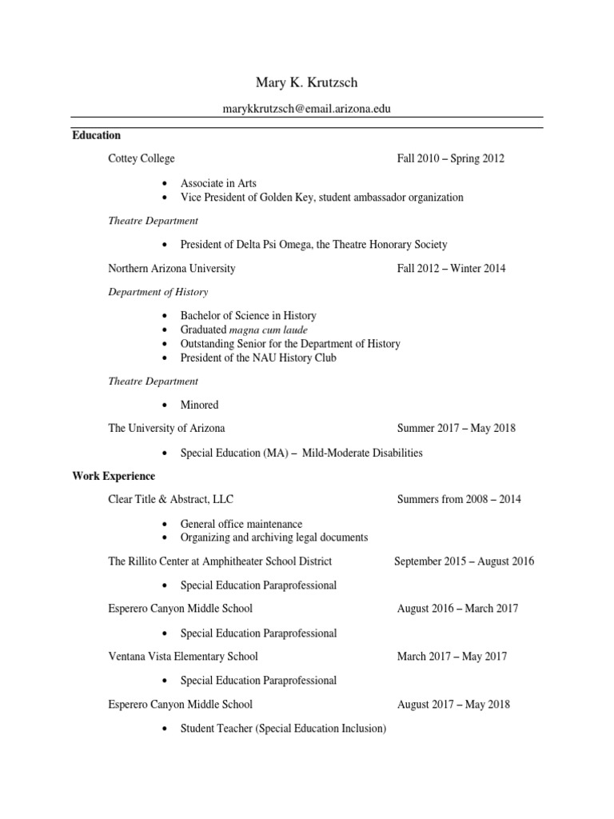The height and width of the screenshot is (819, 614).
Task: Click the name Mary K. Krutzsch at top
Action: tap(307, 83)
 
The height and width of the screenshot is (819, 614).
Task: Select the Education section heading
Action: tap(96, 135)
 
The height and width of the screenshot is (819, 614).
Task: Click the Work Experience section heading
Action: tap(114, 476)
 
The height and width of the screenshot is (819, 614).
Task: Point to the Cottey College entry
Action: tap(142, 158)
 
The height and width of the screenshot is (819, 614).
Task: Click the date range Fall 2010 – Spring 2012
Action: tap(451, 158)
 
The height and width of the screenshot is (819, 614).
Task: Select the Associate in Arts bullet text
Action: tap(218, 183)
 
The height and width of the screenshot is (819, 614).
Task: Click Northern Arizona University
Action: tap(172, 269)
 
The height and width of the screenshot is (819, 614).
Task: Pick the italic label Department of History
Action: tap(157, 292)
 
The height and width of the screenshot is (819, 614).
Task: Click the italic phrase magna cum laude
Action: tap(268, 330)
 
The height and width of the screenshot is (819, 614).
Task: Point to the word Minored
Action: tap(199, 405)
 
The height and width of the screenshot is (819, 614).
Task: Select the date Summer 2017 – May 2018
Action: tap(457, 428)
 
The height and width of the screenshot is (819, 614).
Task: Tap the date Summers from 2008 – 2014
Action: tap(459, 499)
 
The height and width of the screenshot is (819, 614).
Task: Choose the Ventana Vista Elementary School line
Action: tap(183, 657)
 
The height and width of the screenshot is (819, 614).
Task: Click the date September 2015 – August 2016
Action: tap(464, 561)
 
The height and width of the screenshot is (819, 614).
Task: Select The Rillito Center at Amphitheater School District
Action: tap(220, 561)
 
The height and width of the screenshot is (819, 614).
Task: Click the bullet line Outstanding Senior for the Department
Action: tap(290, 344)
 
